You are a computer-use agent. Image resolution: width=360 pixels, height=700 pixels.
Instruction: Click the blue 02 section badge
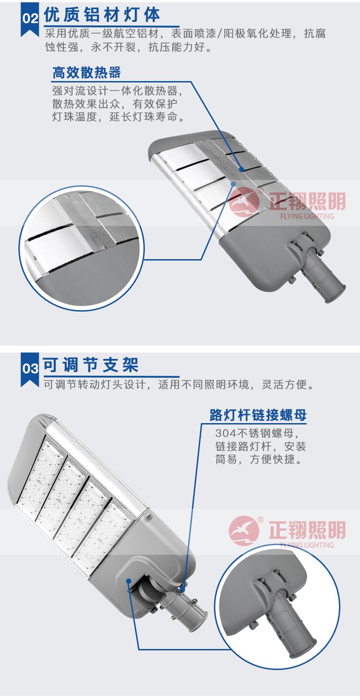30,19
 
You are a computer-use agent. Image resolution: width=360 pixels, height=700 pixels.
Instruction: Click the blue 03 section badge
30,369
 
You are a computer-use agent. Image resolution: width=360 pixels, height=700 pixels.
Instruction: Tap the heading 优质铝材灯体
102,15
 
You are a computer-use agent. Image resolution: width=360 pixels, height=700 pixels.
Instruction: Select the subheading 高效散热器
86,72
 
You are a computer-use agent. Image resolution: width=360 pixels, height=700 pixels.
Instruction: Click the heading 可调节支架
91,365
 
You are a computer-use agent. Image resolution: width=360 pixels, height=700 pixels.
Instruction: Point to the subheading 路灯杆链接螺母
258,415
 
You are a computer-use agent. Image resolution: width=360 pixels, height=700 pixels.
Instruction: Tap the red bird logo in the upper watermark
244,202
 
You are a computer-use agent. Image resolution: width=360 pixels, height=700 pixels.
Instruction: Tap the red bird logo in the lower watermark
244,531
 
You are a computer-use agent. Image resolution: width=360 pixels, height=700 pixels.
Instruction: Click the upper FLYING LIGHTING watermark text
307,216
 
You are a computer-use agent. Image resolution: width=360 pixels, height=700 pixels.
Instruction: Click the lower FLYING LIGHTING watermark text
307,545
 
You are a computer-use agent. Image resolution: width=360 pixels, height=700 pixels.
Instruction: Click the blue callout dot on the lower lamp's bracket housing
129,581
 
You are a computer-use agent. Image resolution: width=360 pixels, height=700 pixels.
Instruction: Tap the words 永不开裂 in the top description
113,47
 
